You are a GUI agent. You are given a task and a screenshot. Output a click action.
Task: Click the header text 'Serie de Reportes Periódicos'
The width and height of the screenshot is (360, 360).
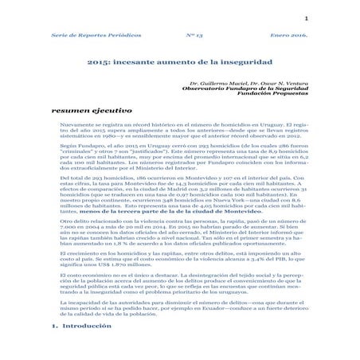click(85, 37)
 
